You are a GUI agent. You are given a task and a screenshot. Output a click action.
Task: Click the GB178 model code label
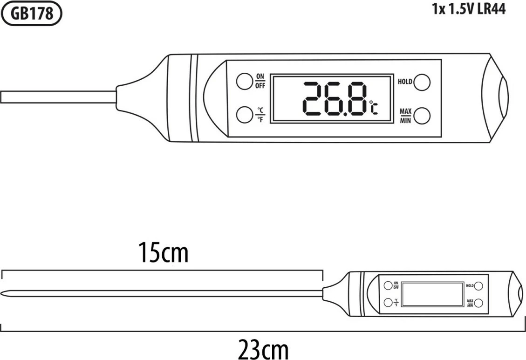(32, 14)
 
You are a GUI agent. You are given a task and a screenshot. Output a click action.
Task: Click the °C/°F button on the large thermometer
(244, 114)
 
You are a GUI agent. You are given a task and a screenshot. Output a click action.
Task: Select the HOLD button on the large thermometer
(422, 82)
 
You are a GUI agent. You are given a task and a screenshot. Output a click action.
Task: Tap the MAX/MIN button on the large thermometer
(422, 115)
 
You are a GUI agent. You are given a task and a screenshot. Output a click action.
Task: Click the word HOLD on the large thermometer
(404, 82)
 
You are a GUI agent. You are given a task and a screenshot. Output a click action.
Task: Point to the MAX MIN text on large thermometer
(405, 116)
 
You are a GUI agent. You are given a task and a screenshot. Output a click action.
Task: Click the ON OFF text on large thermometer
(260, 81)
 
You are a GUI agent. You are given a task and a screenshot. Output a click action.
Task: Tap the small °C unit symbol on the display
(374, 107)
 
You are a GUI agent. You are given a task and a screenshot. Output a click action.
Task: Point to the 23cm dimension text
(263, 348)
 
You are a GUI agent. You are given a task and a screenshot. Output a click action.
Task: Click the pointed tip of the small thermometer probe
(4, 293)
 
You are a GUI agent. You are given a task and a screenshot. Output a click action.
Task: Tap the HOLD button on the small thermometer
(478, 285)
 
